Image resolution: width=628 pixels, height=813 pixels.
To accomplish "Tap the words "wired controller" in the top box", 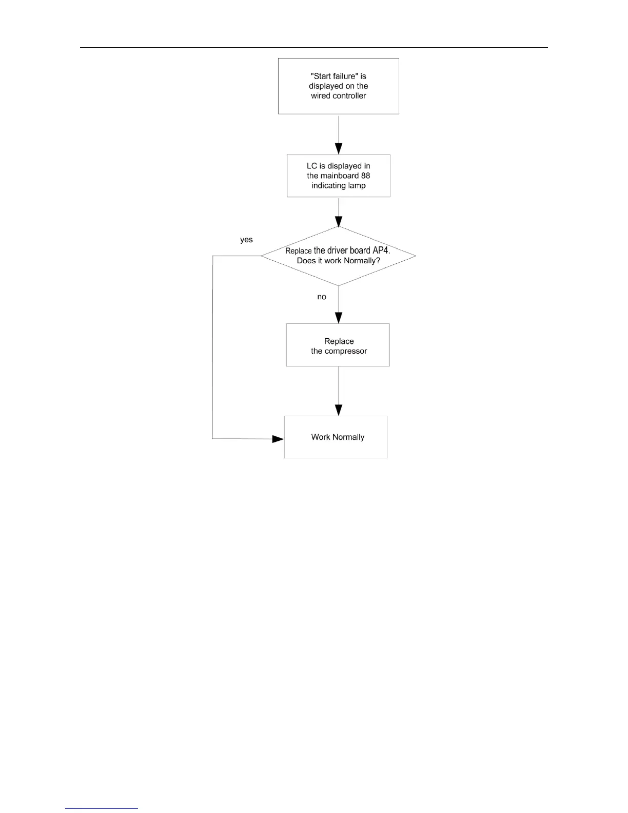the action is click(x=339, y=96).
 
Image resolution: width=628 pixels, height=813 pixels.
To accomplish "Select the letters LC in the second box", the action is click(x=312, y=166).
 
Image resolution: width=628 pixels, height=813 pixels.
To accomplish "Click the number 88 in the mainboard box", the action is click(x=365, y=176).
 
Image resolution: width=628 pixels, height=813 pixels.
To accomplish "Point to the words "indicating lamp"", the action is click(x=339, y=186).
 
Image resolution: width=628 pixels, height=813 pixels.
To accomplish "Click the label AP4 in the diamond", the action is click(x=381, y=250).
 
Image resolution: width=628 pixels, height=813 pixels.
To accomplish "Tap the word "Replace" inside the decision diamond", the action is click(x=299, y=251).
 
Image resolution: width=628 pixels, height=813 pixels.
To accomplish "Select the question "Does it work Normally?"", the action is click(x=339, y=261).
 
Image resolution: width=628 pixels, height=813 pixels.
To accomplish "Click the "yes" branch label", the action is click(x=246, y=240).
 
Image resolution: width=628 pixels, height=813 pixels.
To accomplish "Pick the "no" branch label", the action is click(x=322, y=297).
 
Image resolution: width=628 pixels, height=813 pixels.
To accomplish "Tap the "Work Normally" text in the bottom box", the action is click(x=338, y=437).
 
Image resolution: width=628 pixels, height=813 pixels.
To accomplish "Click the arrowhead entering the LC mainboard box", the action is click(x=339, y=149).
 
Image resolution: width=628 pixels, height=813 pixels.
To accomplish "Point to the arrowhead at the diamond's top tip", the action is click(x=339, y=221).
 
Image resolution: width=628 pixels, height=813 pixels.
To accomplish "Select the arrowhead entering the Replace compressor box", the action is click(x=339, y=318).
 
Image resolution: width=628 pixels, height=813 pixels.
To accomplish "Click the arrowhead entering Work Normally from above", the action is click(x=339, y=410).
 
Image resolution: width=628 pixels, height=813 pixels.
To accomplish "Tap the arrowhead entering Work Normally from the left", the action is click(x=278, y=439).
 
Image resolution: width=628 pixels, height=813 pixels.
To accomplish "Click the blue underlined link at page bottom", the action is click(x=102, y=808).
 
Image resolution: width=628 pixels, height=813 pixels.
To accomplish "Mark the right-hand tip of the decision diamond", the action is click(x=415, y=256).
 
